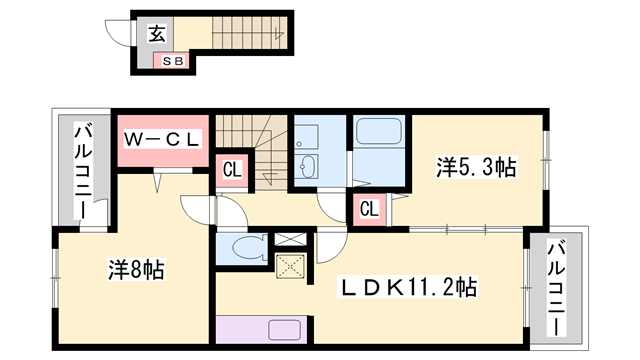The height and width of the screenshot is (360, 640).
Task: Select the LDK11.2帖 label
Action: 409,287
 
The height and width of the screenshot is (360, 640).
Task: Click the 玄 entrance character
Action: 158,34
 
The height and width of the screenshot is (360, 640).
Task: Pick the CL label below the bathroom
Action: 368,209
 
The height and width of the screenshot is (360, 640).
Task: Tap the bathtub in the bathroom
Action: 378,131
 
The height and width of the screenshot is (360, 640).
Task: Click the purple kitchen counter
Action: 265,329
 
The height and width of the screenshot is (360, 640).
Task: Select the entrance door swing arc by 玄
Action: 119,33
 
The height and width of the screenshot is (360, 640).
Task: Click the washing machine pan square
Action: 307,132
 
